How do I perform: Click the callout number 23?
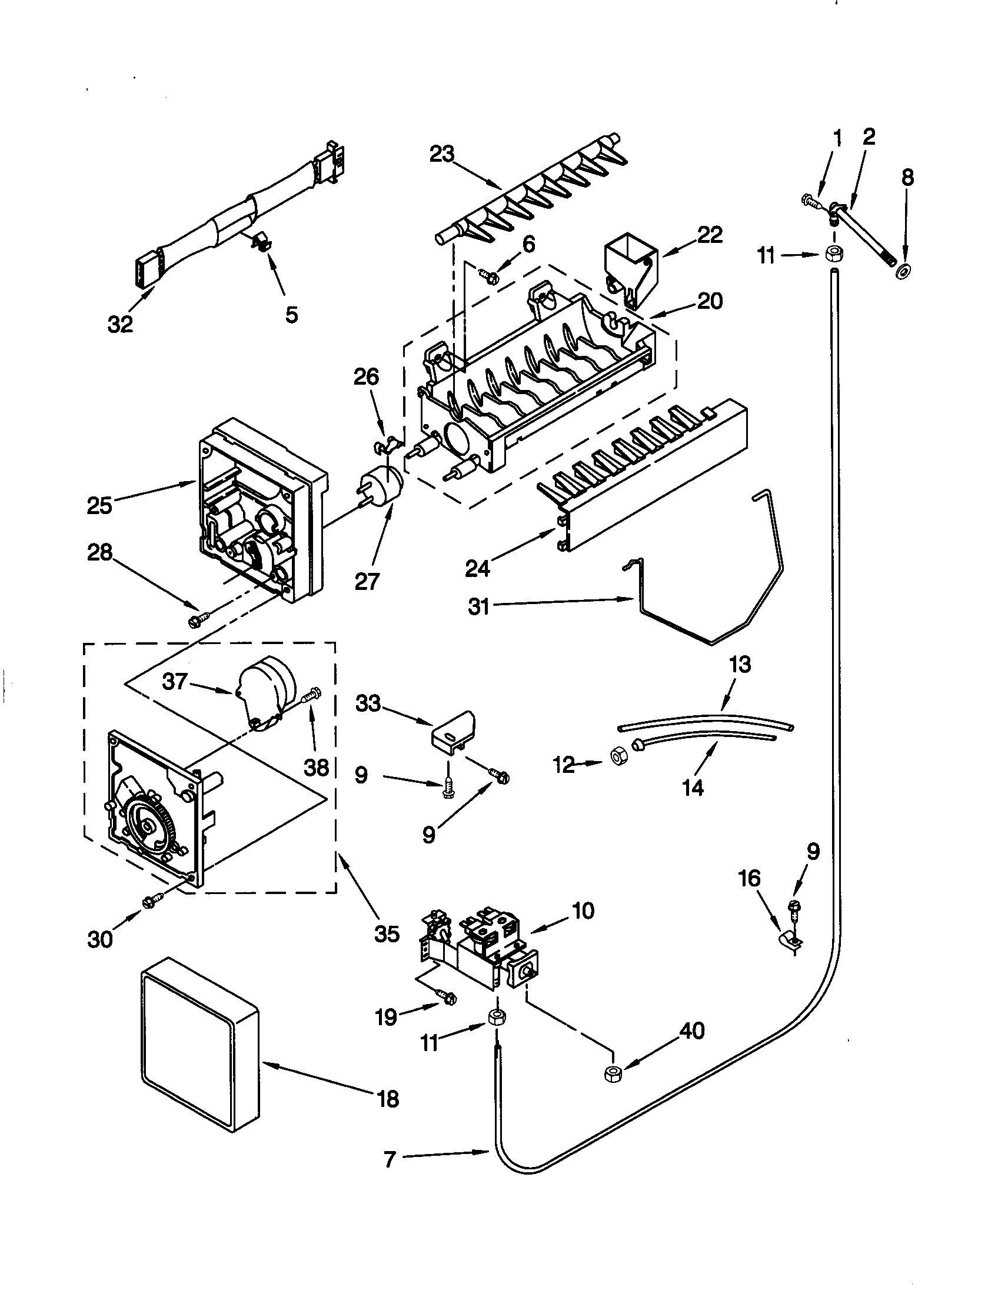pos(441,154)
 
